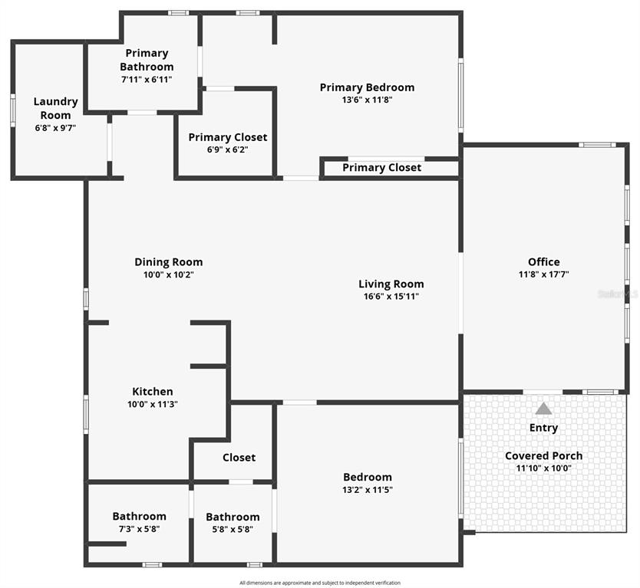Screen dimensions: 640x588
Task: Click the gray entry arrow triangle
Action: [543, 409]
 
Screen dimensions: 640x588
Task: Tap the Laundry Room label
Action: [55, 108]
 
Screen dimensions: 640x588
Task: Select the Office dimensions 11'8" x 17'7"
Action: [543, 274]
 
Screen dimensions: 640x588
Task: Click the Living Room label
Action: [391, 284]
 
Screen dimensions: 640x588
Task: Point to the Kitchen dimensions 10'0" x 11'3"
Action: [153, 404]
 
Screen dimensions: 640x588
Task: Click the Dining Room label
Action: [169, 261]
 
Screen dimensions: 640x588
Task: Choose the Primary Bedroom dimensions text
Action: [367, 100]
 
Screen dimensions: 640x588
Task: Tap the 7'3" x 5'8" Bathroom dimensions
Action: [139, 529]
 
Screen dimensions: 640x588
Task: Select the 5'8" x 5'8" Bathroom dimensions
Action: [233, 529]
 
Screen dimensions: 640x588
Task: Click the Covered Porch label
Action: [543, 455]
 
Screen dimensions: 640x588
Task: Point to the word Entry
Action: [543, 428]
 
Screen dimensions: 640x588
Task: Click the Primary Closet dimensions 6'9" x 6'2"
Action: [228, 149]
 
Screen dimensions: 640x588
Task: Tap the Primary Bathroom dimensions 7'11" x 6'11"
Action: [147, 80]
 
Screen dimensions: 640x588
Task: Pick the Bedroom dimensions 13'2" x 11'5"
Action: [368, 490]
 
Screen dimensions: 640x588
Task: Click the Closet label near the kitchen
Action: [239, 458]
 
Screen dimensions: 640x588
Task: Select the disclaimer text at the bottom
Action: [320, 583]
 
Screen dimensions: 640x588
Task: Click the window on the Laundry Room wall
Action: [12, 110]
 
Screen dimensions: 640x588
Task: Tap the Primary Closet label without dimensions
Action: [381, 168]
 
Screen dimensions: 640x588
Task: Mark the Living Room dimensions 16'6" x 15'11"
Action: [391, 297]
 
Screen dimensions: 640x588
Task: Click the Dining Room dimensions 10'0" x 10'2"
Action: [169, 274]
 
